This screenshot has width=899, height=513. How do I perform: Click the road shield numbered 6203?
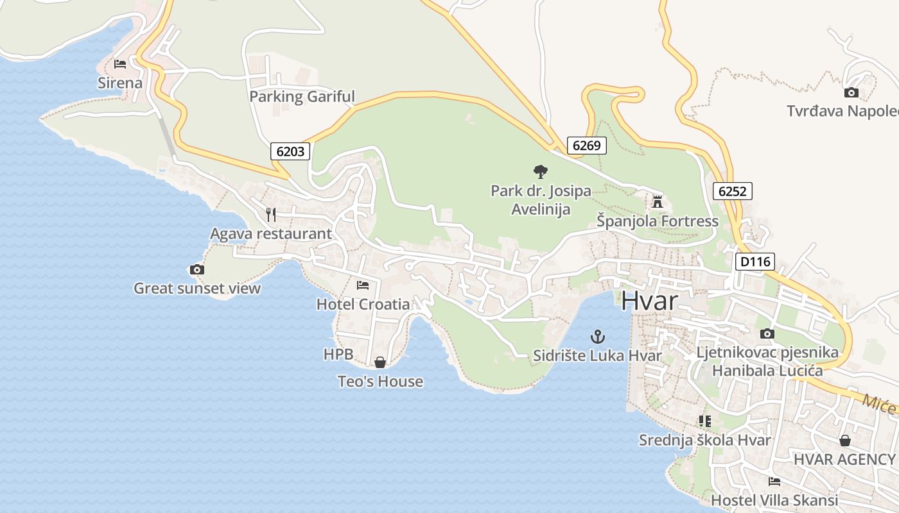(x=290, y=151)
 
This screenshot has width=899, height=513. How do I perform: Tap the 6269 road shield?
(x=586, y=146)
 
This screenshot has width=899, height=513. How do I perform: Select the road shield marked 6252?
(x=732, y=190)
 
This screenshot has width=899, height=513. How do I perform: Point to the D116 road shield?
(x=755, y=262)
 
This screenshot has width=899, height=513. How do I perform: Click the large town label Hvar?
(x=649, y=301)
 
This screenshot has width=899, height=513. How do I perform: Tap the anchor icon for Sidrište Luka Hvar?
(x=598, y=336)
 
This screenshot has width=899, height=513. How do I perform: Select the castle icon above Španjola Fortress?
(x=657, y=202)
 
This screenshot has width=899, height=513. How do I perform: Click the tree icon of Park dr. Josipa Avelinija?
(x=541, y=171)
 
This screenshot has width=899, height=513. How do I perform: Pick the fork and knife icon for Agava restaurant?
(x=271, y=214)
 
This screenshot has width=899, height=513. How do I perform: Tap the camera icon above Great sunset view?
(x=197, y=269)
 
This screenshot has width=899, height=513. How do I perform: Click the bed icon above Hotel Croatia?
(x=363, y=285)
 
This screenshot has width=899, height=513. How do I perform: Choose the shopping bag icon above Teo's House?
(x=380, y=362)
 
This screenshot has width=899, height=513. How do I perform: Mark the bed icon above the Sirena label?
(x=120, y=64)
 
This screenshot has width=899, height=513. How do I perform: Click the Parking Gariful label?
(x=302, y=97)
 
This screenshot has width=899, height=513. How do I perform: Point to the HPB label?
(x=338, y=354)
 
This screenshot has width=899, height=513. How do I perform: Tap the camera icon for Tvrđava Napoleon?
(x=851, y=92)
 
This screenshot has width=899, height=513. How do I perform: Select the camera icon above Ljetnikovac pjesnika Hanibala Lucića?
(x=767, y=333)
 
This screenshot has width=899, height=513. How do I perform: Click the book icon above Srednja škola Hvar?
(x=705, y=421)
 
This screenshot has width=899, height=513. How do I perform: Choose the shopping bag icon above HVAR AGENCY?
(x=845, y=441)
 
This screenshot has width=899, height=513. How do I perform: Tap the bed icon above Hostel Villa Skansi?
(x=774, y=481)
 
